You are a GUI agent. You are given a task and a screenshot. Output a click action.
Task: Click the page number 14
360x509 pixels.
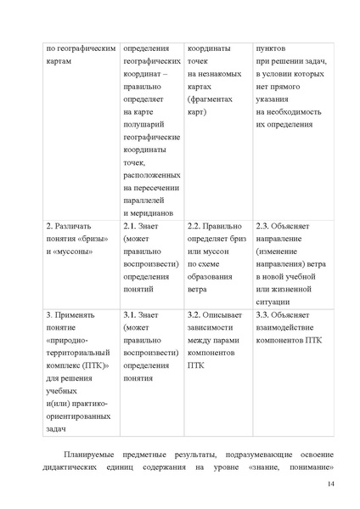click(x=331, y=484)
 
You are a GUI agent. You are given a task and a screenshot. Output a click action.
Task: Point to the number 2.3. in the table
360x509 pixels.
click(x=263, y=228)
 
